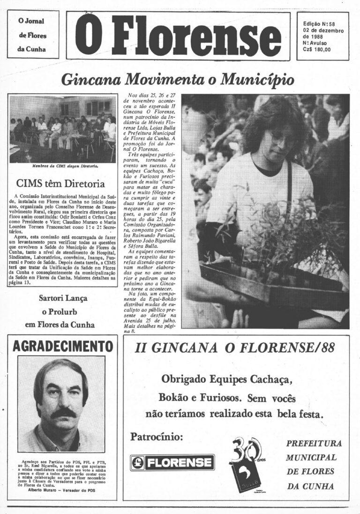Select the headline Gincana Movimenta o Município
[x=178, y=79]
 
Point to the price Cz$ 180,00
[x=317, y=49]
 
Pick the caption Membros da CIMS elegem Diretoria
[x=65, y=166]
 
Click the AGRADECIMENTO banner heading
[x=63, y=347]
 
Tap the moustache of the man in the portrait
[x=63, y=413]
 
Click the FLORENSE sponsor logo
[x=172, y=462]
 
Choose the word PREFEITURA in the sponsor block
[x=314, y=443]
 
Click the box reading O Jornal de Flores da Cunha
[x=33, y=35]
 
